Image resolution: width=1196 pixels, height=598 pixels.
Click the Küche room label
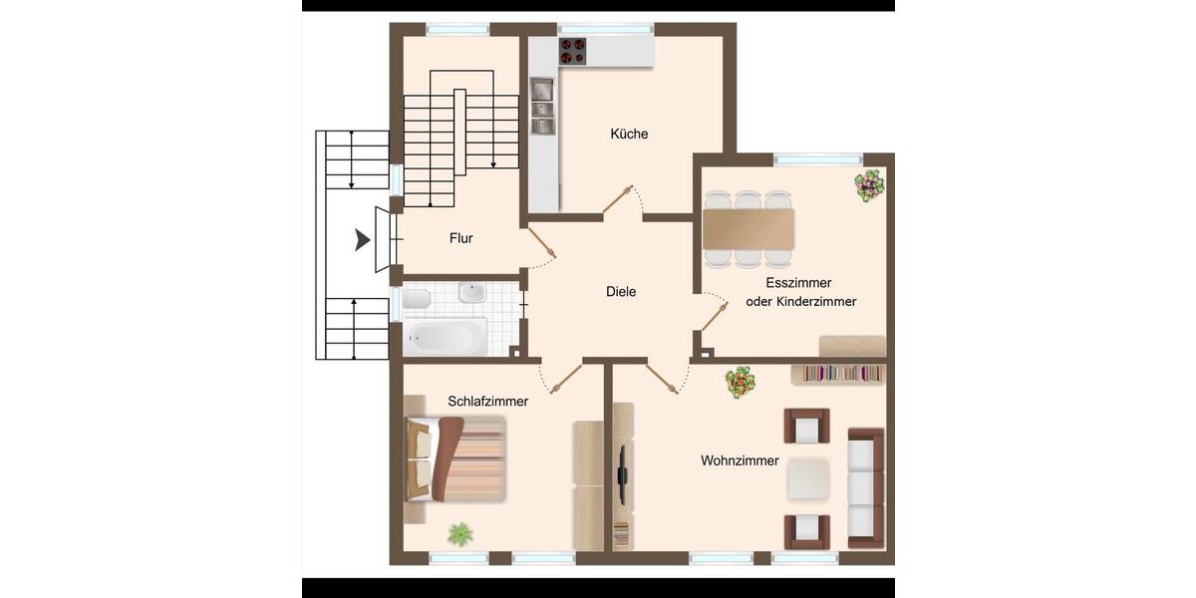629,134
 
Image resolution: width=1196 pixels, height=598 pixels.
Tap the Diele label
621,292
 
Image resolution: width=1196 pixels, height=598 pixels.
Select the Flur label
460,238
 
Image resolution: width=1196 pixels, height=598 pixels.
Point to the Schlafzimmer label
487,401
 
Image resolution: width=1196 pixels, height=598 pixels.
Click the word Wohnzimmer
740,460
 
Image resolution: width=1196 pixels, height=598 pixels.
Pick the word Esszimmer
800,283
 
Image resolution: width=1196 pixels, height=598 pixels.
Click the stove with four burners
573,51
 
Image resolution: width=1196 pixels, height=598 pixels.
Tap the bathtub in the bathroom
446,337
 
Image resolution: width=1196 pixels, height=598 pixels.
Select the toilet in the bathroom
418,298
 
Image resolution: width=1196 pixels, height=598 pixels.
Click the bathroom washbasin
470,293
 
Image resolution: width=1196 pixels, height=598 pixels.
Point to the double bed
455,459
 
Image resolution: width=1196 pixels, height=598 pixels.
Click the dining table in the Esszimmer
748,228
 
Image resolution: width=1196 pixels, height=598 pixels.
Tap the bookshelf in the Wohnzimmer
838,374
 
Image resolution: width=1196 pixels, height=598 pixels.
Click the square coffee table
808,479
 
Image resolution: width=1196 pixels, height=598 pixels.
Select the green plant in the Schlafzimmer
459,534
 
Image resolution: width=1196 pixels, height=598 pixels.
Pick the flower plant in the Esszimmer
868,185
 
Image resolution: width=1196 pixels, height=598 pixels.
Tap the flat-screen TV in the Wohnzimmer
622,472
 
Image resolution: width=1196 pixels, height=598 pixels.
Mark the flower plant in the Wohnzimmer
741,382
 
